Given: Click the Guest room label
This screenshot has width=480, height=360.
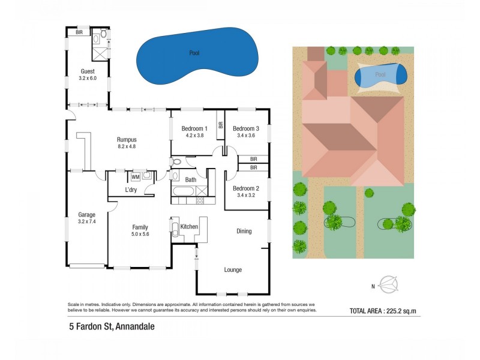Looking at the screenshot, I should [x=87, y=71].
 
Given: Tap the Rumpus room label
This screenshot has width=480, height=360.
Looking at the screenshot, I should [x=127, y=140].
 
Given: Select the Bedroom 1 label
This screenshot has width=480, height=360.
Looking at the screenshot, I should [x=194, y=128].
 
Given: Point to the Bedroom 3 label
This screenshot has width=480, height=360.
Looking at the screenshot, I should [x=246, y=128].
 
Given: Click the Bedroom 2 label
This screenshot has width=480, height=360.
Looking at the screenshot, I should [x=246, y=188].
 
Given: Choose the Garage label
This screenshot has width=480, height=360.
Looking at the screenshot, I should [x=87, y=214].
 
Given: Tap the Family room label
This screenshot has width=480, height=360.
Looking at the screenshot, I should [x=140, y=227].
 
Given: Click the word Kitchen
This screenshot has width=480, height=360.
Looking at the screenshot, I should [x=189, y=227].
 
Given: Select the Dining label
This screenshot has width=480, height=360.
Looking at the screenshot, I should [x=244, y=231].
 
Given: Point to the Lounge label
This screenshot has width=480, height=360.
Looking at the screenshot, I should [x=233, y=270].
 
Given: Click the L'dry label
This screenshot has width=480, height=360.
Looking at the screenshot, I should [x=131, y=190].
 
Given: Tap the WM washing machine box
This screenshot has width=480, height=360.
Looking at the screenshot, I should [x=135, y=176].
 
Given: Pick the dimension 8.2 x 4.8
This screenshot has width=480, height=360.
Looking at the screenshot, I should [x=127, y=146].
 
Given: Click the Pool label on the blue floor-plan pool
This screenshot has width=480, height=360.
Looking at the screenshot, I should [x=194, y=53].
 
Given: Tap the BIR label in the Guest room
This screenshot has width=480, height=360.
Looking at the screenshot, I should [x=79, y=32].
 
